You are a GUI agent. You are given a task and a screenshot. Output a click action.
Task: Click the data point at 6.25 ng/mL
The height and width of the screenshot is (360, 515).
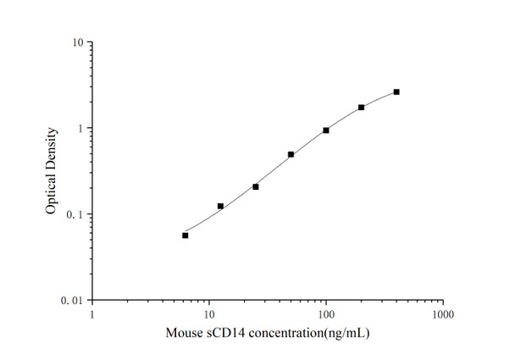186,235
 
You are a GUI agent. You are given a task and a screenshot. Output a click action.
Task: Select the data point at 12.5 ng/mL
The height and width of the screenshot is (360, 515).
220,206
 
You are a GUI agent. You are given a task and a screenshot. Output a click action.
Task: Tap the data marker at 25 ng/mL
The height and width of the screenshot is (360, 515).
256,186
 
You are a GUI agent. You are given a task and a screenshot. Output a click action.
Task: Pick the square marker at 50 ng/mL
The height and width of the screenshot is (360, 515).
291,154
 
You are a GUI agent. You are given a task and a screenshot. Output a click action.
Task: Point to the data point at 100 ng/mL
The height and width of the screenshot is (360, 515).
326,130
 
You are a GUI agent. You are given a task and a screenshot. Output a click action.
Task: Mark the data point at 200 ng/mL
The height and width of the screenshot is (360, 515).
361,108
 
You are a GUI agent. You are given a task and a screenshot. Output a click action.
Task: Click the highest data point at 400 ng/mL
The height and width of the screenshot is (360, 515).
396,91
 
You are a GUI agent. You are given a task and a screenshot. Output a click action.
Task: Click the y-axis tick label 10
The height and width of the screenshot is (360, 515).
75,42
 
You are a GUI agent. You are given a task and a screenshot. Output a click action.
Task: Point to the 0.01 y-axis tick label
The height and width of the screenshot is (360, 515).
72,301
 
